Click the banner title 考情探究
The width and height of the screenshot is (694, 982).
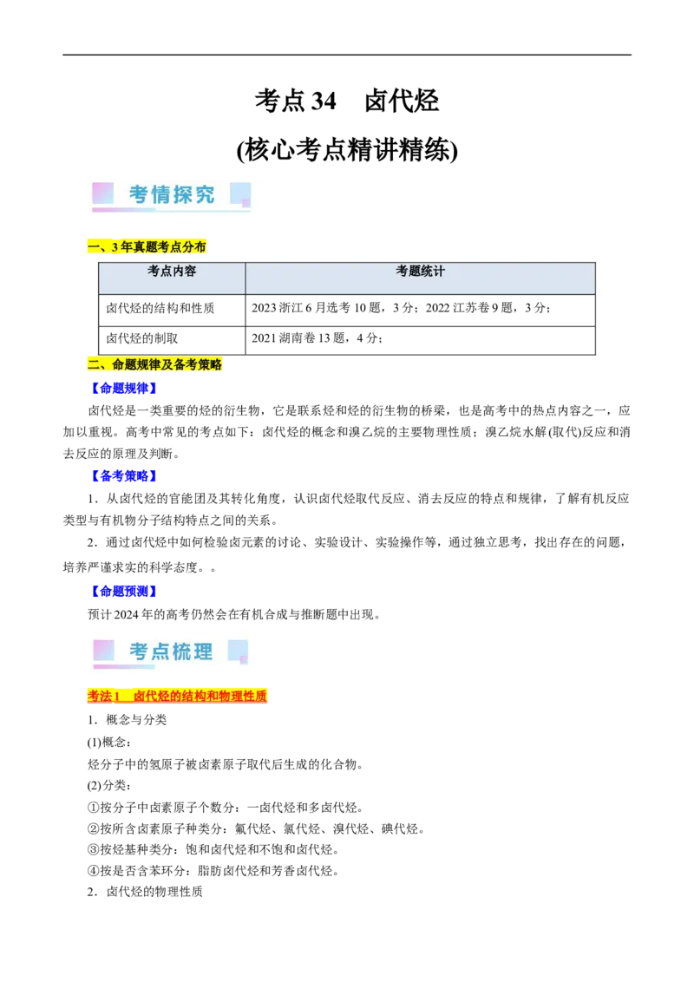coord(172,194)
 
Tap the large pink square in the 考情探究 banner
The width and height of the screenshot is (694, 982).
coord(102,193)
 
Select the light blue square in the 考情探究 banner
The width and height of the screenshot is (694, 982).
coord(239,193)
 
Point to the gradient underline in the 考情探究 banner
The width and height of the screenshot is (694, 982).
coord(171,210)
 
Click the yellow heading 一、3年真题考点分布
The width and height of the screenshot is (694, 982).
coord(147,247)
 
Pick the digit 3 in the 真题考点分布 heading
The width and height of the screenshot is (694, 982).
coord(115,247)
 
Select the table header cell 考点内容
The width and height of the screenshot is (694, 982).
coord(172,272)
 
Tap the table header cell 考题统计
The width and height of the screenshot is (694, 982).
coord(420,272)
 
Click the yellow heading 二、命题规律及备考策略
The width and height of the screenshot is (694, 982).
coord(154,364)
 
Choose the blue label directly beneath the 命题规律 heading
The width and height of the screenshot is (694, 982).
coord(124,389)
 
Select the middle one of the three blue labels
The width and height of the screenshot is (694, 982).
coord(124,475)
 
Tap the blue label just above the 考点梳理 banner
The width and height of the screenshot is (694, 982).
coord(124,592)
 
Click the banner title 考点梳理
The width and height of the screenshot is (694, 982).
coord(171,651)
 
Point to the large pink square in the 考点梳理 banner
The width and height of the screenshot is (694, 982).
coord(103,650)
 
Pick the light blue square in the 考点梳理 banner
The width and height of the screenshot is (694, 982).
coord(238,650)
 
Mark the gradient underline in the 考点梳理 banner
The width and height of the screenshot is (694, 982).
coord(124,667)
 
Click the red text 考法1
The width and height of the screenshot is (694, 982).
coord(103,697)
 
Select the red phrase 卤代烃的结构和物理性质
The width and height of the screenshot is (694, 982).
coord(200,697)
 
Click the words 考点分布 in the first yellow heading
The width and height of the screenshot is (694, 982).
coord(184,247)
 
